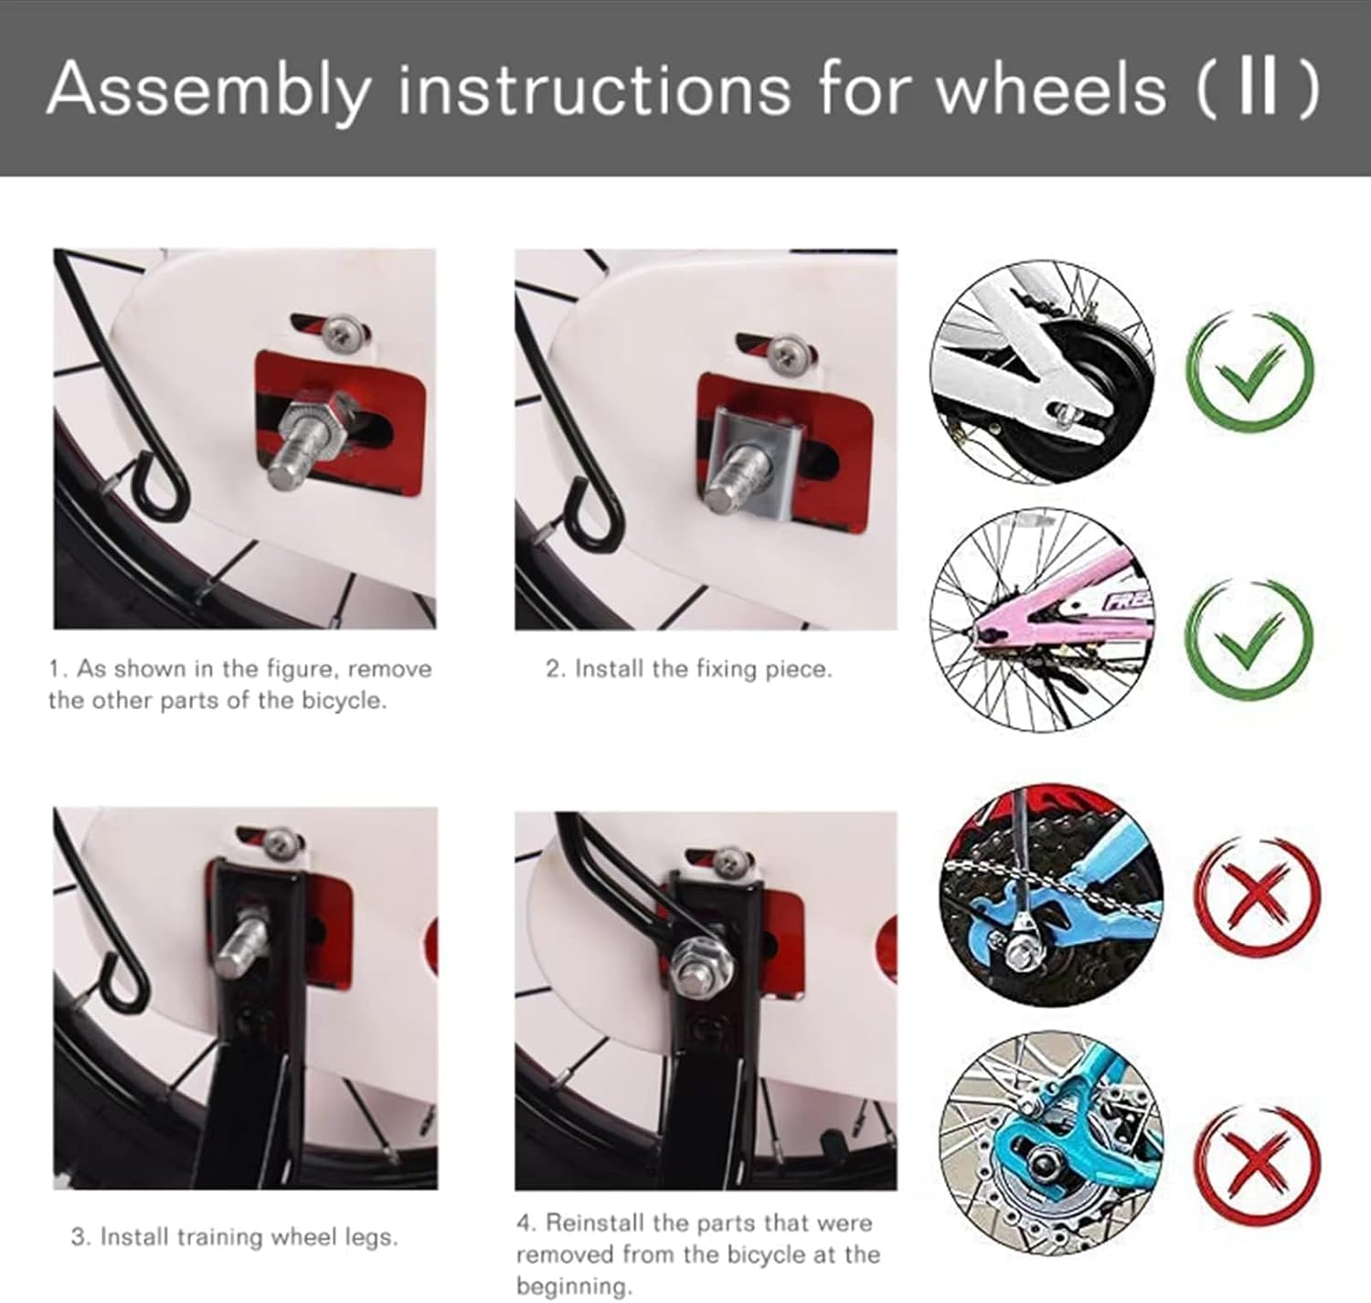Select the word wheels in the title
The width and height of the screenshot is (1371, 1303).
(x=1051, y=89)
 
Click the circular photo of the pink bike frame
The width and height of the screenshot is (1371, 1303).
(x=1042, y=619)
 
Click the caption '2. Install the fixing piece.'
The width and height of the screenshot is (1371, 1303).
(x=689, y=669)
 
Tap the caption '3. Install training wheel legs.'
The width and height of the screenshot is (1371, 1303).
(x=234, y=1237)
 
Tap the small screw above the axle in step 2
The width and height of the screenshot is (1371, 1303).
(x=785, y=351)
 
